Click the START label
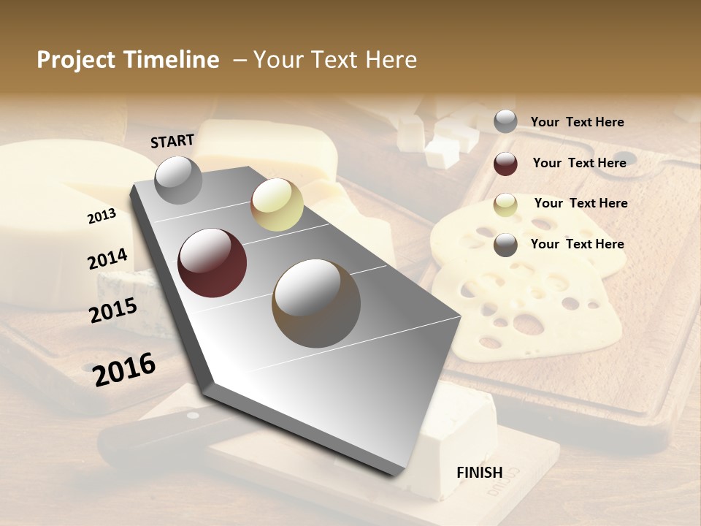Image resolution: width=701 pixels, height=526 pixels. (x=172, y=141)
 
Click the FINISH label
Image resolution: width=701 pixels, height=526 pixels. (x=479, y=473)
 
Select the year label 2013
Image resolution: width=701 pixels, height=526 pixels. (x=101, y=216)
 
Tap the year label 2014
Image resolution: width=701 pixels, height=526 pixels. (x=107, y=259)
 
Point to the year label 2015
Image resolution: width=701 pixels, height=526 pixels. (x=113, y=310)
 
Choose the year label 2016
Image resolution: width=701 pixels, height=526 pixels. (x=124, y=369)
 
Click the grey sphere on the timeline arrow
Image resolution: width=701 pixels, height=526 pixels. (x=178, y=180)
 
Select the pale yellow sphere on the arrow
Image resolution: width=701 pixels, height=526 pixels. (x=277, y=205)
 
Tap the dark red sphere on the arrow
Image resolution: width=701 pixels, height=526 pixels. (x=212, y=263)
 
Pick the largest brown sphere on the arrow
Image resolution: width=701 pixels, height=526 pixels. (x=315, y=299)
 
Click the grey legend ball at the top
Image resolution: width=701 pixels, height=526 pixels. (x=505, y=121)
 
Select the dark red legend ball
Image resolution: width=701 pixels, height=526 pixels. (x=505, y=164)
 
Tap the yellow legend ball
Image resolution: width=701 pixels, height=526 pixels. (x=505, y=205)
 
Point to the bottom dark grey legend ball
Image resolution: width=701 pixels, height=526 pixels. (x=505, y=245)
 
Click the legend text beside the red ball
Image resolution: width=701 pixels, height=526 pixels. (x=579, y=163)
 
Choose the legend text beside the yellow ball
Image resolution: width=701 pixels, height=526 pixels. (x=581, y=203)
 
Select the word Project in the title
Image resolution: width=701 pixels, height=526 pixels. (x=76, y=60)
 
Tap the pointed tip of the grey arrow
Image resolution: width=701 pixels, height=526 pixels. (x=398, y=473)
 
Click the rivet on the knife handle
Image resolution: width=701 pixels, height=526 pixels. (x=192, y=416)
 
